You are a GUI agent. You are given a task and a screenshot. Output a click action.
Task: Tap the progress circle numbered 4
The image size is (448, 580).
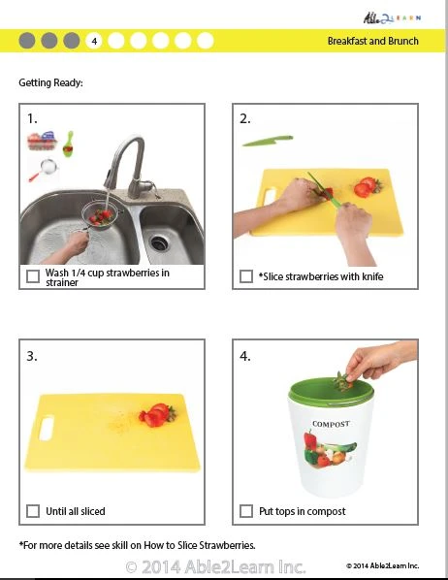click(x=94, y=41)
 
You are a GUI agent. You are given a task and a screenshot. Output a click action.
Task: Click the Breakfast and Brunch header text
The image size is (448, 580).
click(x=371, y=41)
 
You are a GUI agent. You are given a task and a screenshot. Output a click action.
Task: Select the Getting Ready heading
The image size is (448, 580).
click(x=50, y=82)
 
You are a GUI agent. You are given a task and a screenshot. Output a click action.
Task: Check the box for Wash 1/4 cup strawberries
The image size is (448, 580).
click(x=34, y=277)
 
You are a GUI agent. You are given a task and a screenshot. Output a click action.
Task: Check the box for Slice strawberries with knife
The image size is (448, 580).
click(x=246, y=277)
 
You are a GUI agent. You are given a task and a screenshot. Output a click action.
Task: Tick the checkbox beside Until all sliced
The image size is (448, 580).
click(x=34, y=511)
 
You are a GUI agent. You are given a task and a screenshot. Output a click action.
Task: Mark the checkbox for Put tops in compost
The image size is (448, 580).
click(x=246, y=511)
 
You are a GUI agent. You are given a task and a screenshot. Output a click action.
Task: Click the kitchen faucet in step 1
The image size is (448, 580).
click(x=123, y=165)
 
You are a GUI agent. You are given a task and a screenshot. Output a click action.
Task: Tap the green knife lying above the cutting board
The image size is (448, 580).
click(x=267, y=142)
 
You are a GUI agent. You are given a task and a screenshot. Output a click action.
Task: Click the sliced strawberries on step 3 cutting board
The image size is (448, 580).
click(x=154, y=415)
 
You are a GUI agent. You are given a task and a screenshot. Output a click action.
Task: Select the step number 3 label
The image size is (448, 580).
click(x=32, y=356)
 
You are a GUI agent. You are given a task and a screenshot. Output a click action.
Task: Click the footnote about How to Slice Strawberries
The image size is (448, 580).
click(x=137, y=544)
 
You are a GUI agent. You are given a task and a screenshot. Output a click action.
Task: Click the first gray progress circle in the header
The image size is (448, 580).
click(x=26, y=41)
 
